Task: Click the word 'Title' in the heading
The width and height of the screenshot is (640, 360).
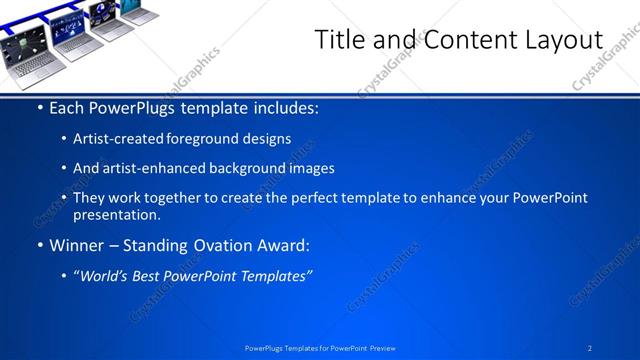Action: coord(337,40)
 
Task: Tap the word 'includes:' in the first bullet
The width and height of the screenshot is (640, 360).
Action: coord(285,107)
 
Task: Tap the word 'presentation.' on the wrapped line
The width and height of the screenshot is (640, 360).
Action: coord(116,214)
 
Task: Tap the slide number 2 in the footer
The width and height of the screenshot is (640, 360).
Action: coord(590,347)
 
